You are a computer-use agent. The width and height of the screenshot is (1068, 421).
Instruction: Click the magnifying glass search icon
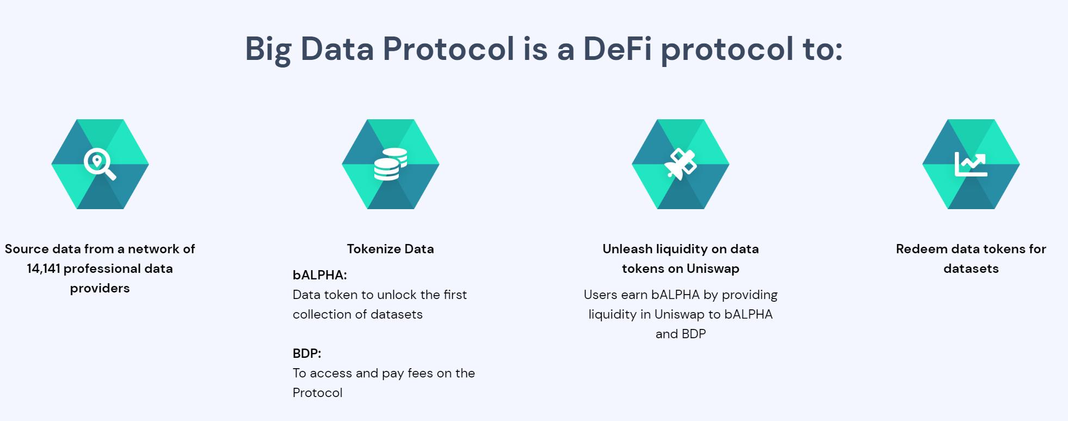coord(100,164)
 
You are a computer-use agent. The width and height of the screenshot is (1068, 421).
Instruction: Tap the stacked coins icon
coord(391,164)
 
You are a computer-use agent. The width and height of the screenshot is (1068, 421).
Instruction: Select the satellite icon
coord(681,164)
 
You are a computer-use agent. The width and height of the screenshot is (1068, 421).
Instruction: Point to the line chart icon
coord(971,164)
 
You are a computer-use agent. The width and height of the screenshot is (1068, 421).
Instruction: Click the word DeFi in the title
coord(618,48)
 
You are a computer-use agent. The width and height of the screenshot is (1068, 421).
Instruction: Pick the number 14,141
coord(44,269)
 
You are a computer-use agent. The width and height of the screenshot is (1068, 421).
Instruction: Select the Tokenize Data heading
coord(391,249)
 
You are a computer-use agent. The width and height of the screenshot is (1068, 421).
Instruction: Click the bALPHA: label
coord(320,275)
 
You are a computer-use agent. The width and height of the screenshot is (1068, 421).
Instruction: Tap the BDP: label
coord(307,353)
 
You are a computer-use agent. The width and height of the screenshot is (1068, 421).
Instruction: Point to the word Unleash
coord(627,249)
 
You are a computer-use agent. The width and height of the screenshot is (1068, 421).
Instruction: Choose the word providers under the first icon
coord(100,289)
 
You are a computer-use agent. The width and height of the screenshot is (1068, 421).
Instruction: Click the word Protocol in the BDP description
coord(318,393)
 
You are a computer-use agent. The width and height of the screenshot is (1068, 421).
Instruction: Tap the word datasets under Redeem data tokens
coord(971,269)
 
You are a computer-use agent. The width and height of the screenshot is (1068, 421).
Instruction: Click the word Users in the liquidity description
coord(600,295)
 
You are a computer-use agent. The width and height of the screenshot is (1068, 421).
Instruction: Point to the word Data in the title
coord(337,48)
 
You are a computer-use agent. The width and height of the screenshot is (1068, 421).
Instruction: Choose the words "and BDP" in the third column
coord(681,334)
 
